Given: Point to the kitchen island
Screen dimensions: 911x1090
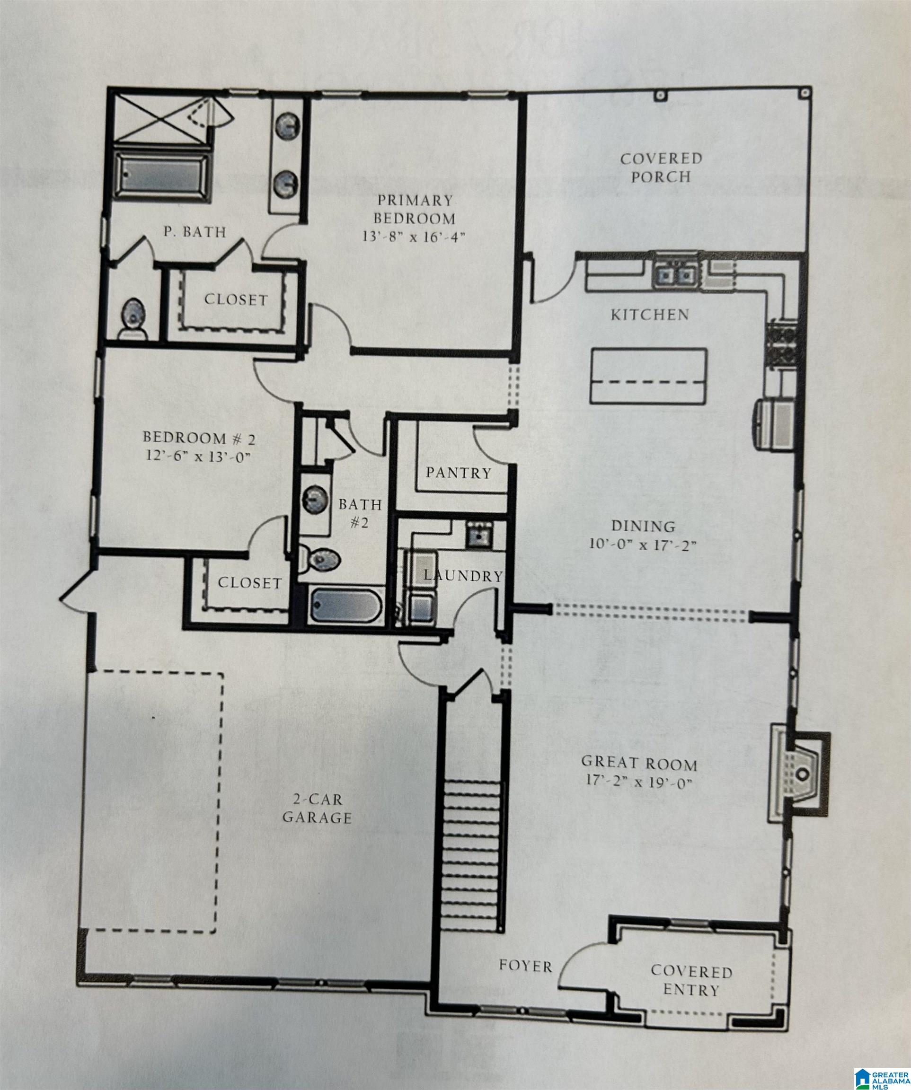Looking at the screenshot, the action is [649, 376].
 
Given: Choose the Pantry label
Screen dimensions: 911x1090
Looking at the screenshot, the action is [459, 473].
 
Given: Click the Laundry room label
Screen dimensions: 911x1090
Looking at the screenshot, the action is [463, 576].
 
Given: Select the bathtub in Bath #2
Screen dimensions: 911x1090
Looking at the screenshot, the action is [346, 606].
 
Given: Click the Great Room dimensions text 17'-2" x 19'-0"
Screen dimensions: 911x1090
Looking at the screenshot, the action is [638, 782].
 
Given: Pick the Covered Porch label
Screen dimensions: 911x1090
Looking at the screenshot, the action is [661, 167].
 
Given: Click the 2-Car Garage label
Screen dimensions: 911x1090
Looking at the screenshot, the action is [317, 808].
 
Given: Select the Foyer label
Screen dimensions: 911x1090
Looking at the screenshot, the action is [525, 966].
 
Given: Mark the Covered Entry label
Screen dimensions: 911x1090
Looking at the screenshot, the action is [691, 980].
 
